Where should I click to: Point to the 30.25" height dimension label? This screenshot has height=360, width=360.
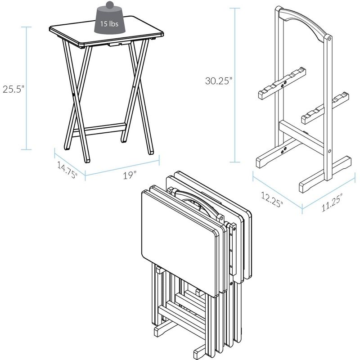pos(219,81)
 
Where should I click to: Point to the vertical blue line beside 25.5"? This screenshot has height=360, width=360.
pos(28,88)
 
